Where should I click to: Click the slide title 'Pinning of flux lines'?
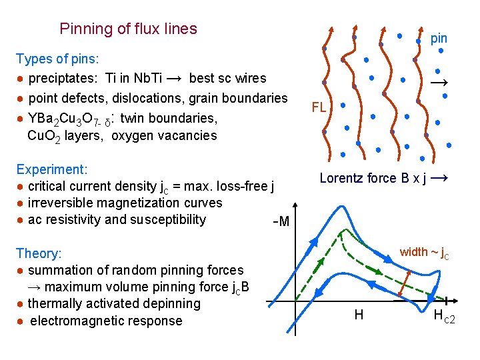(x=128, y=29)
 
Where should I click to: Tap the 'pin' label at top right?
(x=439, y=39)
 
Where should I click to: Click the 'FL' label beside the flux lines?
(x=319, y=107)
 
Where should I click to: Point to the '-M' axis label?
(x=281, y=221)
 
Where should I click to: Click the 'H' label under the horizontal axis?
(x=359, y=315)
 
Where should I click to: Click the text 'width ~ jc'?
(x=423, y=253)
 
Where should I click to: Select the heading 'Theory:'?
(x=39, y=253)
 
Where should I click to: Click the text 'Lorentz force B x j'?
(x=373, y=178)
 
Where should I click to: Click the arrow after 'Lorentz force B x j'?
(x=439, y=178)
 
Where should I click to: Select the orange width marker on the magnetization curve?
(x=403, y=285)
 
